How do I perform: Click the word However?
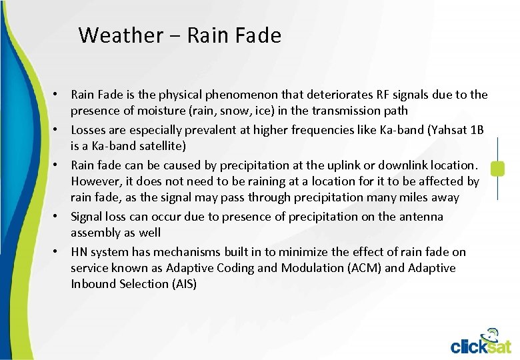click(x=93, y=181)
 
